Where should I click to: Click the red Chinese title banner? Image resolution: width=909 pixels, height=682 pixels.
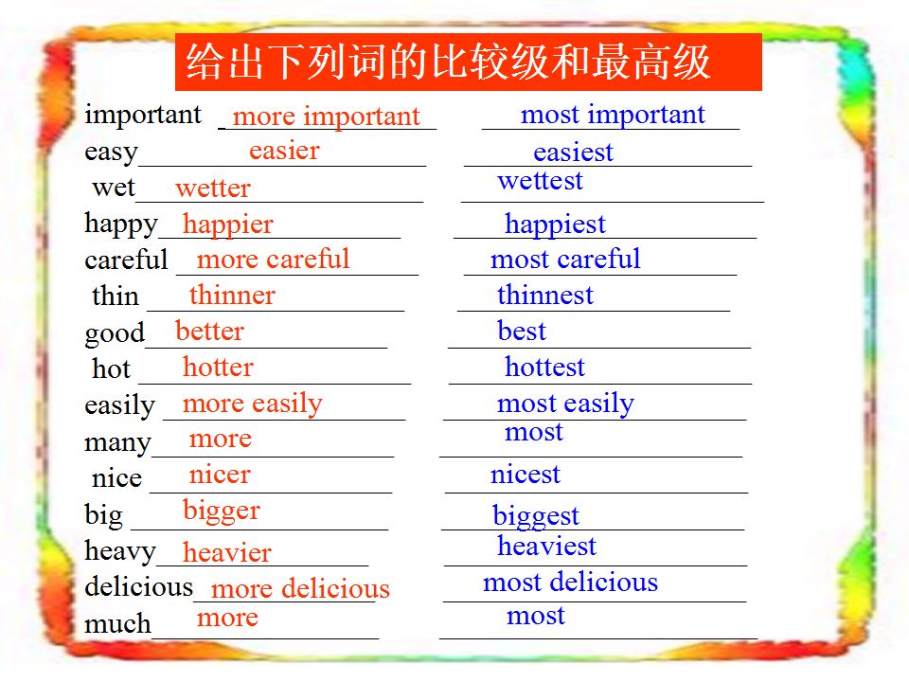click(469, 63)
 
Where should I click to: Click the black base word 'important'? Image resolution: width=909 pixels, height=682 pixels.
click(143, 116)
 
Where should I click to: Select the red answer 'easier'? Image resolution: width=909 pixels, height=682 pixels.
click(284, 151)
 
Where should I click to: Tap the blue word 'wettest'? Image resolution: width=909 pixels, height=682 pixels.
click(540, 181)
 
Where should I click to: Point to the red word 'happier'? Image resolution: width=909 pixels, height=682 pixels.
click(227, 225)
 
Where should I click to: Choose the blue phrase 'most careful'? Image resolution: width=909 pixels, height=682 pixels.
click(565, 259)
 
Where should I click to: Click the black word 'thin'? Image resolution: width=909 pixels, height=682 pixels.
click(115, 296)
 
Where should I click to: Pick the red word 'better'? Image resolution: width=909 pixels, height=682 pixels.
click(209, 332)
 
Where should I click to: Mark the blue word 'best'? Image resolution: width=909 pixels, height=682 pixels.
click(522, 332)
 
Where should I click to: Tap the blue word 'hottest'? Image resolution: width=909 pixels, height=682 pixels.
click(545, 368)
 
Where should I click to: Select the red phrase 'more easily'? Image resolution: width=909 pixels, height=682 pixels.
click(252, 404)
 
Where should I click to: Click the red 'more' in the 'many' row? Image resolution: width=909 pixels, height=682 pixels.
click(221, 440)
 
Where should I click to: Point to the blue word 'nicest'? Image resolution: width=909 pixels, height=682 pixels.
click(526, 475)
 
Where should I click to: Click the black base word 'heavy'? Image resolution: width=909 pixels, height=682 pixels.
click(120, 551)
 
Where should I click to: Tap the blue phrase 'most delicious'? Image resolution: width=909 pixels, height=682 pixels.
click(570, 582)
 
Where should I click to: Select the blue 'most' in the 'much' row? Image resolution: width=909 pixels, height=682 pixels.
click(536, 616)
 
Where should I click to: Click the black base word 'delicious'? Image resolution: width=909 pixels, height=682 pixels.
click(138, 586)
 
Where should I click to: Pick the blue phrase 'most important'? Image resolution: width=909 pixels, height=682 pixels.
click(613, 115)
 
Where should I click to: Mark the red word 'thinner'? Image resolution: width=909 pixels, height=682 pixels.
click(232, 296)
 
